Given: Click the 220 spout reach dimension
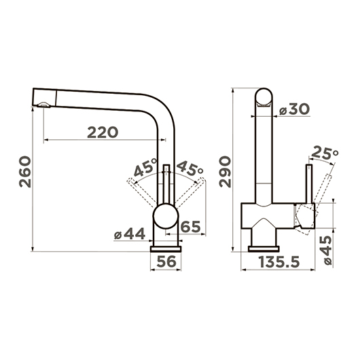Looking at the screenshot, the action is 103,132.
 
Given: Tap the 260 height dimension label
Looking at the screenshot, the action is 25,172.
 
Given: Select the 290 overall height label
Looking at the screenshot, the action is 225,171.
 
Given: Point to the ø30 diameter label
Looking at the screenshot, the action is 294,109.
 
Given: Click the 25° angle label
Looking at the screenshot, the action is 324,153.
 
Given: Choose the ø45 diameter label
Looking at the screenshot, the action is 327,251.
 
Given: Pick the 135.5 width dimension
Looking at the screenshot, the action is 279,262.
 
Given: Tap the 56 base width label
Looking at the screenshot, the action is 166,262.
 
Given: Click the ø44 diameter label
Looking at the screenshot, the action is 130,234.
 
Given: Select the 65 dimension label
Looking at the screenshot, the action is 191,227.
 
